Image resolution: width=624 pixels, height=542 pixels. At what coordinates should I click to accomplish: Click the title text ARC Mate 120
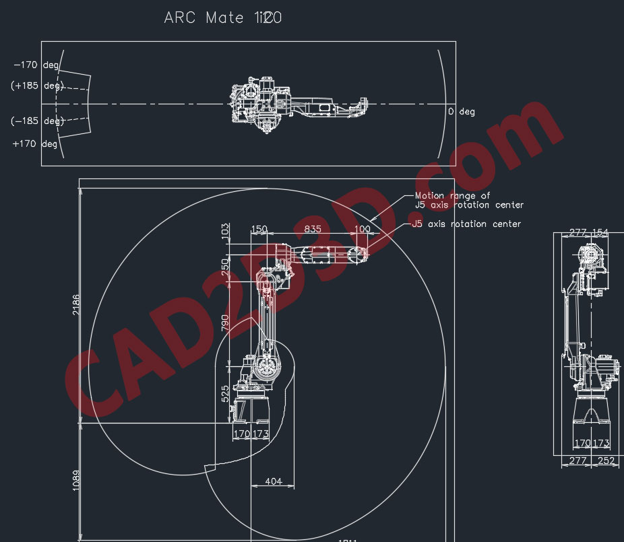tap(222, 18)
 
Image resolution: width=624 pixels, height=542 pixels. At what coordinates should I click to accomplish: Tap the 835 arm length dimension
tap(313, 230)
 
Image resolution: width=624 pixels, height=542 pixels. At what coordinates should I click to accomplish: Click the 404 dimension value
tap(273, 481)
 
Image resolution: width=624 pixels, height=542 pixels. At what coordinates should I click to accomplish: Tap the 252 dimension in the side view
tap(606, 461)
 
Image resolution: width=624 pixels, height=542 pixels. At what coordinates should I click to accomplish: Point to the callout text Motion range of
tap(452, 196)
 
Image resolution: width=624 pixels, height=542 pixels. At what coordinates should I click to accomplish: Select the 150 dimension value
tap(259, 230)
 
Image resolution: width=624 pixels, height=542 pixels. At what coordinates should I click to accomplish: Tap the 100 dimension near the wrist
tap(363, 230)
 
